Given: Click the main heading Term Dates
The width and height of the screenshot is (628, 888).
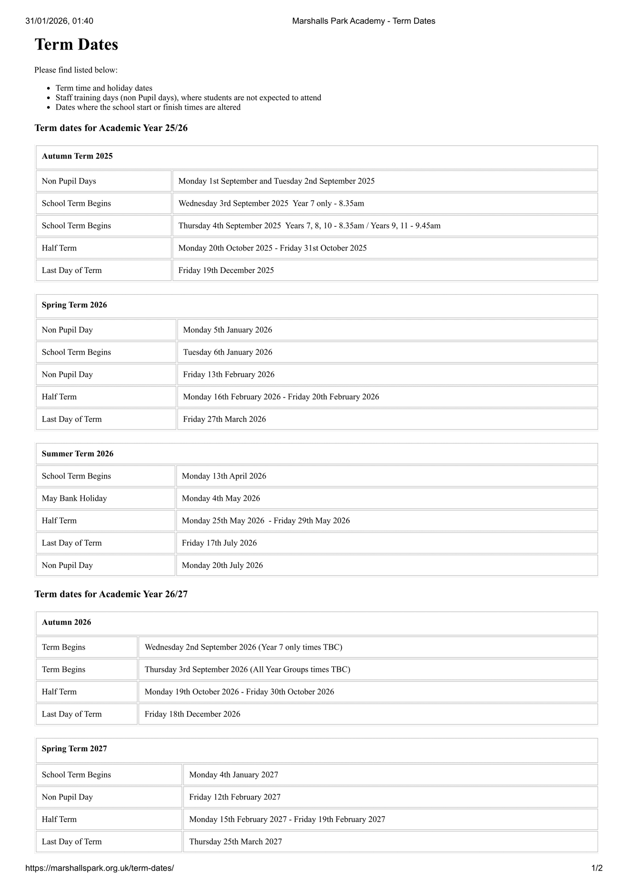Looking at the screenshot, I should click(x=76, y=45).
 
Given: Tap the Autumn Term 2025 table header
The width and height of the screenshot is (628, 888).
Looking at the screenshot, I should click(x=77, y=156).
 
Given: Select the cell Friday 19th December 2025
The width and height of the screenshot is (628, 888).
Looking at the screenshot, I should click(x=226, y=270).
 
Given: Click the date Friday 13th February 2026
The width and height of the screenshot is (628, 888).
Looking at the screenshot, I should click(x=228, y=374).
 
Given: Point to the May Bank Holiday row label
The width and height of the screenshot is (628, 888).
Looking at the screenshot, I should click(x=74, y=498).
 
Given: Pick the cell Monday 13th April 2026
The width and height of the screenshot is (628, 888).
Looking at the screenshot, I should click(x=224, y=476).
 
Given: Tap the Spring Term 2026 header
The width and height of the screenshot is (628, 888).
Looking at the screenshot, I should click(x=74, y=305).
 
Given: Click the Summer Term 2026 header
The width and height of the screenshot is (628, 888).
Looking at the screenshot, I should click(x=77, y=453).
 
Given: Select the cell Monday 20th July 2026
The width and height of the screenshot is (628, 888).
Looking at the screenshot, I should click(x=222, y=565).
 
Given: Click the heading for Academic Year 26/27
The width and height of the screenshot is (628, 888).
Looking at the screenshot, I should click(x=111, y=594).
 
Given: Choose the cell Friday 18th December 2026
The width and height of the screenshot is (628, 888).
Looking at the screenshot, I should click(x=192, y=714).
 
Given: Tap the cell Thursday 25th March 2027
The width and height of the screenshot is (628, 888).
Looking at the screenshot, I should click(x=235, y=841).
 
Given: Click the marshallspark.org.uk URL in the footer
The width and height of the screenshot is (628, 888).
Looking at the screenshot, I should click(x=99, y=868).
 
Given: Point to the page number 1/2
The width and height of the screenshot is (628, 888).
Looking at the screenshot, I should click(x=597, y=868).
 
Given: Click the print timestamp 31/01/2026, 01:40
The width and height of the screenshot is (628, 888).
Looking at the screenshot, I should click(x=59, y=21).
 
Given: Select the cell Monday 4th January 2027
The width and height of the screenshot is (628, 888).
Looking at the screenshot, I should click(x=234, y=775).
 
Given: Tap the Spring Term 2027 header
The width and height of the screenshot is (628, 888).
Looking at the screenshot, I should click(x=74, y=748).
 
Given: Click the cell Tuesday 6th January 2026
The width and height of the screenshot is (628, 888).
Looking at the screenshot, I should click(x=228, y=352).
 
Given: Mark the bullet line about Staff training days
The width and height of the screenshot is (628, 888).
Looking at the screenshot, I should click(x=188, y=98).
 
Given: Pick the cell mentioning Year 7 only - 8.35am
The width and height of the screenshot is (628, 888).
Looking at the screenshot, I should click(x=271, y=203).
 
